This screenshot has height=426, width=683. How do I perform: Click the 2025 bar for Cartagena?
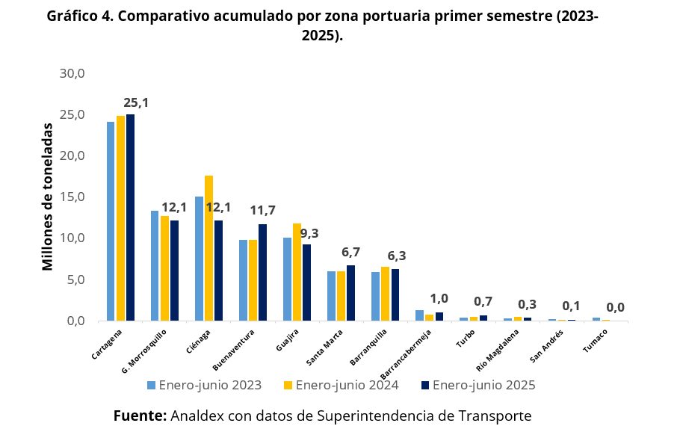(x=131, y=217)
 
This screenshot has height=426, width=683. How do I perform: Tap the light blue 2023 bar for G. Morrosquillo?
(x=155, y=266)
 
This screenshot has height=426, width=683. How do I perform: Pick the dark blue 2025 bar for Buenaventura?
(x=262, y=272)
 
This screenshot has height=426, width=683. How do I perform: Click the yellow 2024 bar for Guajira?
(x=297, y=272)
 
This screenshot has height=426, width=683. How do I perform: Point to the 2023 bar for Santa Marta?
(x=331, y=296)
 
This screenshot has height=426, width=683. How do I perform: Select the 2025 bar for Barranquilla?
(x=395, y=294)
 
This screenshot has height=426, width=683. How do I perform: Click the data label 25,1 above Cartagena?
(x=136, y=102)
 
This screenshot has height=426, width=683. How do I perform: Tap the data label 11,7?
(x=262, y=211)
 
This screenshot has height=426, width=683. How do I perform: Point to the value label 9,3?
(x=309, y=233)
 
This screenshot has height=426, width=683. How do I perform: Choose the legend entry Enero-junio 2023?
(x=204, y=386)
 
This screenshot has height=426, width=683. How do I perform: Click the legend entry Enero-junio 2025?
(x=478, y=386)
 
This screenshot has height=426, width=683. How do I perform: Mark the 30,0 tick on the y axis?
(x=73, y=73)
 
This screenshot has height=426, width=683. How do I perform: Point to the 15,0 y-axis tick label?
(x=73, y=197)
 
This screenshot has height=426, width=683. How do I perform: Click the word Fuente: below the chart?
(x=140, y=416)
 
